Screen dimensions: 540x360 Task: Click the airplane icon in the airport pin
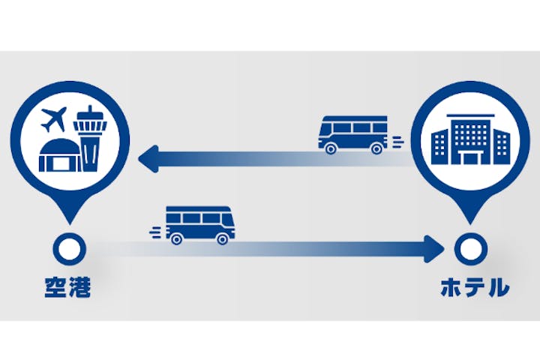tap(53, 119)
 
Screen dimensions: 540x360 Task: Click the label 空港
tap(67, 287)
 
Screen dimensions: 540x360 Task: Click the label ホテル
tap(475, 287)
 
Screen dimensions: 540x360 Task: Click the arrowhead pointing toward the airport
tap(148, 159)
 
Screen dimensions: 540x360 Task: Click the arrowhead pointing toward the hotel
tap(434, 249)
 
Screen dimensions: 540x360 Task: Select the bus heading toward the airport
tap(352, 135)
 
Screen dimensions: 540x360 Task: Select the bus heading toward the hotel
tap(200, 225)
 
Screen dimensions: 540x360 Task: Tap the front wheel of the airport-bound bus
tap(330, 148)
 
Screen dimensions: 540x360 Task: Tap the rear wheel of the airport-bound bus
tap(376, 148)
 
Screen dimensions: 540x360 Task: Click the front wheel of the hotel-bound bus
tap(223, 239)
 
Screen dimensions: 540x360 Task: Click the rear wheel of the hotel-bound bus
tap(176, 239)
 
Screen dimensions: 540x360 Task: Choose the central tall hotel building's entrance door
tap(470, 158)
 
